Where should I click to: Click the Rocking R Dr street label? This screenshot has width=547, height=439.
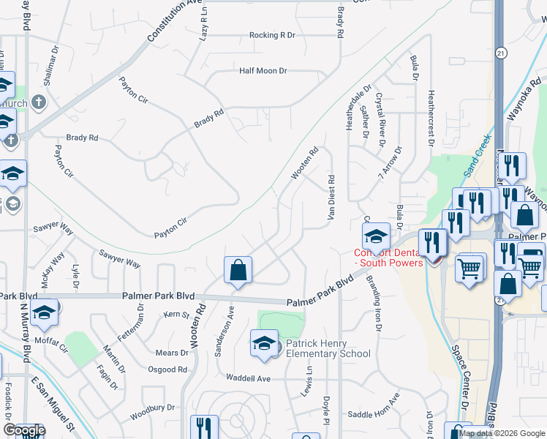(x=272, y=35)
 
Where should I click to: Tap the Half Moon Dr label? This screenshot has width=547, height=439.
(x=263, y=71)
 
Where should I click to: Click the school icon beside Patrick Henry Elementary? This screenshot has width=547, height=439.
(x=265, y=343)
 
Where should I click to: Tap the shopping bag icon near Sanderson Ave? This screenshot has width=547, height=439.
(x=238, y=271)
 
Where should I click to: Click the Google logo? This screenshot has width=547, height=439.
(x=23, y=430)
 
